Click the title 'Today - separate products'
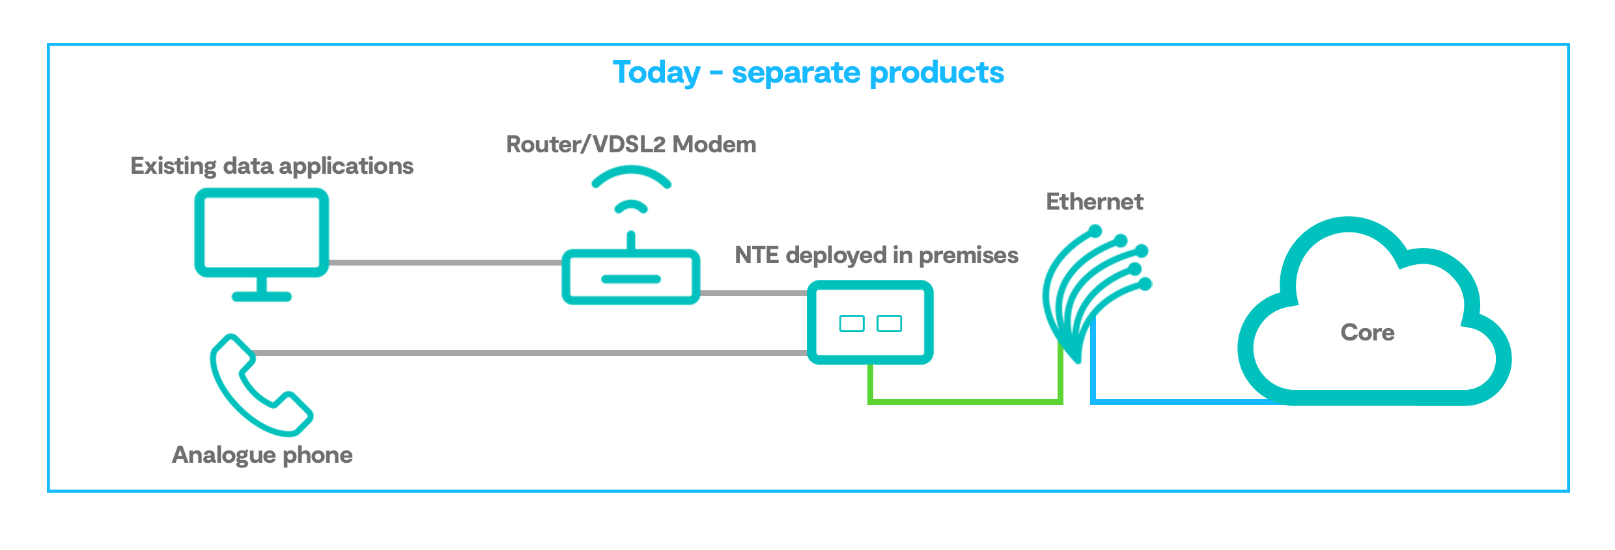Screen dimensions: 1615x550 (x=808, y=72)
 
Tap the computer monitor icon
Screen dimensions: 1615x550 (x=262, y=244)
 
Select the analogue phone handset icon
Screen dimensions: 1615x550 (x=260, y=385)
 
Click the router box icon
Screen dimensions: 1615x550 (x=631, y=277)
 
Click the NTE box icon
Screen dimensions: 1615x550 (x=870, y=322)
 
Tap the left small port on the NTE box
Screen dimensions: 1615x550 (x=852, y=323)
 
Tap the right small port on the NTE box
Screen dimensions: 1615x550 (x=889, y=323)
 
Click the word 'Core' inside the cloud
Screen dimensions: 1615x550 (x=1368, y=333)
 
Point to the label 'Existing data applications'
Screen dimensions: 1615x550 (x=272, y=167)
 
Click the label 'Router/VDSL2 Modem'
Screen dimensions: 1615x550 (x=631, y=144)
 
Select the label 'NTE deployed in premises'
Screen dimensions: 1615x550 (x=877, y=256)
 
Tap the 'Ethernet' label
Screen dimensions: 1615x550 (x=1095, y=202)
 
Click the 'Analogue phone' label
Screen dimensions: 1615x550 (x=262, y=455)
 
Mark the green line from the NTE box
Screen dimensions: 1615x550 (x=965, y=402)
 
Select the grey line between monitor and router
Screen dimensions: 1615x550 (x=445, y=262)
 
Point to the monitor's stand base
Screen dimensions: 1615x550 (x=262, y=297)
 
